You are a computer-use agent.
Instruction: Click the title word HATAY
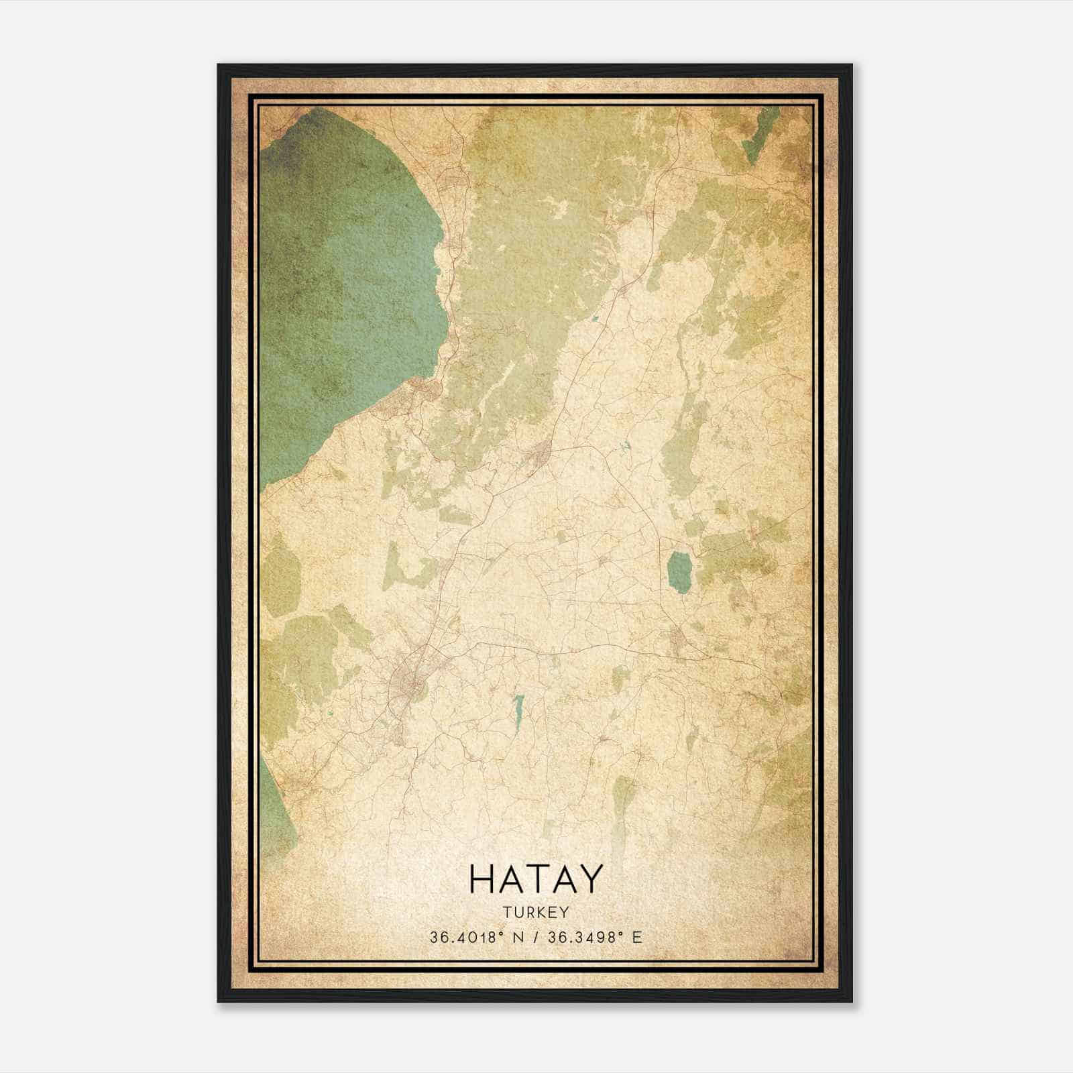pyautogui.click(x=536, y=879)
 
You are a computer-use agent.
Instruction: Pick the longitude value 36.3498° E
pyautogui.click(x=594, y=938)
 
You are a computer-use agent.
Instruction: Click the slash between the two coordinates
pyautogui.click(x=535, y=938)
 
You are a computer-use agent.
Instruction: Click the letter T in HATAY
pyautogui.click(x=536, y=879)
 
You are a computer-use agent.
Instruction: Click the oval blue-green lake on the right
pyautogui.click(x=680, y=571)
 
